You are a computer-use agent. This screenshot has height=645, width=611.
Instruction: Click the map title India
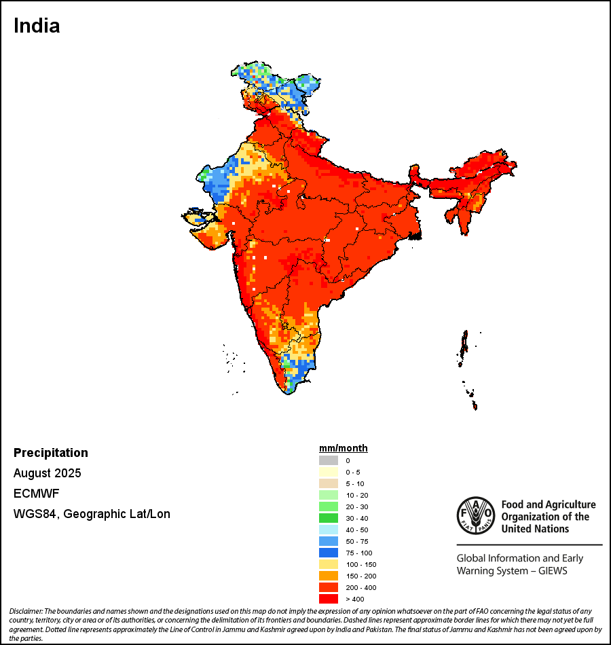click(x=37, y=26)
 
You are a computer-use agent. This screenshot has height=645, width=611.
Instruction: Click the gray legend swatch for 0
click(x=329, y=460)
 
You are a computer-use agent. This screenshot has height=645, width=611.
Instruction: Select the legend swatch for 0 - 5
click(x=329, y=472)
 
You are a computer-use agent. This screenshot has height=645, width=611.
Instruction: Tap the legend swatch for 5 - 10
click(x=329, y=483)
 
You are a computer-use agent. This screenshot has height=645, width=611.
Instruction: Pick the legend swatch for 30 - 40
click(x=329, y=518)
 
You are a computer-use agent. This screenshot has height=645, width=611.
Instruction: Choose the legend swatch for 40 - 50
click(x=329, y=530)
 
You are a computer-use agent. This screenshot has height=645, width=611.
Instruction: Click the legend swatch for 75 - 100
click(x=329, y=553)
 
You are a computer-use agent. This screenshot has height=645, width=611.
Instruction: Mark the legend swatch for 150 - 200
click(x=329, y=576)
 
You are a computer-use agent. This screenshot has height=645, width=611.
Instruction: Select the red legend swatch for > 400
click(x=329, y=599)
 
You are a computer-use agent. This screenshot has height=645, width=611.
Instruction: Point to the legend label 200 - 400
click(x=360, y=587)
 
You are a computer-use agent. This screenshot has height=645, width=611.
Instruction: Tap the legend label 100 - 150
click(x=360, y=564)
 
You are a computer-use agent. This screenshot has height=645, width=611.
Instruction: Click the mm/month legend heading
click(x=344, y=448)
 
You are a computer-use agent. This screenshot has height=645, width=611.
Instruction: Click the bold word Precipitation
click(x=51, y=453)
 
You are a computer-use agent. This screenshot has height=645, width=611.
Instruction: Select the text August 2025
click(x=47, y=473)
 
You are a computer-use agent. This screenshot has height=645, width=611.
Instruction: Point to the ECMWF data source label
click(x=33, y=494)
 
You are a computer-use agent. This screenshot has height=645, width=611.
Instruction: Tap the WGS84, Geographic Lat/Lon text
click(x=92, y=514)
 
